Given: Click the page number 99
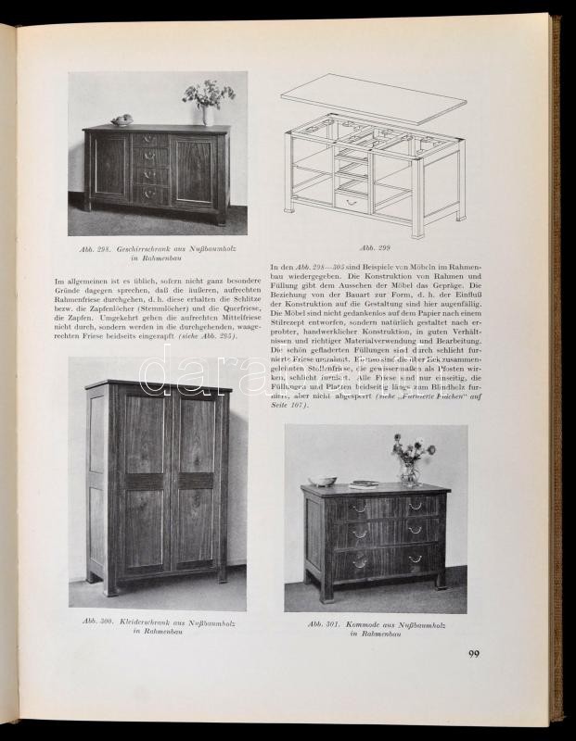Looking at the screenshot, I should (473, 654).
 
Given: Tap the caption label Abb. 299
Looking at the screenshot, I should (373, 248).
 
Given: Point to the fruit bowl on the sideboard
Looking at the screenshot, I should (122, 120).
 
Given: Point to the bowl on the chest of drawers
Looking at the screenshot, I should (322, 481).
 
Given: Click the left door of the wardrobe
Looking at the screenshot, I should (144, 482).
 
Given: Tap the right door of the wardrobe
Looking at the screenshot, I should (197, 482).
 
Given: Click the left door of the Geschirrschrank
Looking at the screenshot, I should (110, 168).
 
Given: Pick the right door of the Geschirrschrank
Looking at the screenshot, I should (193, 168).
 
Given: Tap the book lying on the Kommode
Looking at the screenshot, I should (363, 484).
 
